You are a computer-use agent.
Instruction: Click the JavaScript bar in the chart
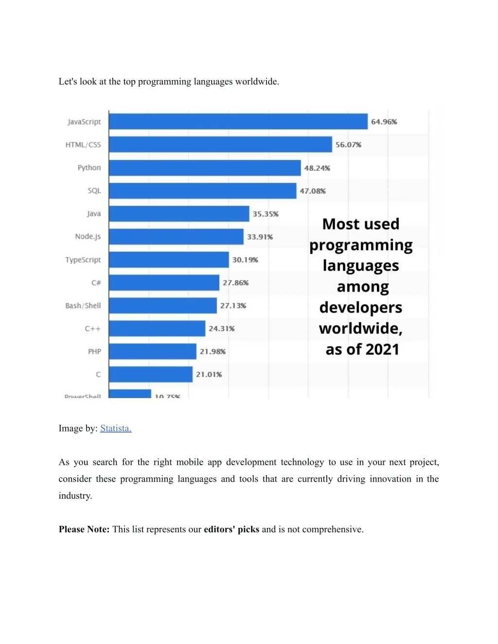pyautogui.click(x=238, y=122)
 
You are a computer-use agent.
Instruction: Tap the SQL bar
pyautogui.click(x=202, y=191)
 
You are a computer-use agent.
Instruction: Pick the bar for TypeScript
pyautogui.click(x=168, y=260)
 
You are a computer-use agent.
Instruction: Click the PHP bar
pyautogui.click(x=152, y=351)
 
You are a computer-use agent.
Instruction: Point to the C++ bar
pyautogui.click(x=157, y=329)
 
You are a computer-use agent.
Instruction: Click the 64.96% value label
pyautogui.click(x=384, y=122)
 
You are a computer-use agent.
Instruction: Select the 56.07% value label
pyautogui.click(x=348, y=145)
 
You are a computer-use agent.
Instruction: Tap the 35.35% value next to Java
pyautogui.click(x=266, y=214)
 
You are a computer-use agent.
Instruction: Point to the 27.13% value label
pyautogui.click(x=233, y=306)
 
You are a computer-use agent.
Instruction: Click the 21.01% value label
pyautogui.click(x=209, y=374)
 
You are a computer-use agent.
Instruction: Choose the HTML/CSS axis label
pyautogui.click(x=83, y=145)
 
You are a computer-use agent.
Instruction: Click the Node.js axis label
pyautogui.click(x=88, y=237)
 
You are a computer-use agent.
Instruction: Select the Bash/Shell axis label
pyautogui.click(x=83, y=306)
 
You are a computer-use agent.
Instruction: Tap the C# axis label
pyautogui.click(x=96, y=283)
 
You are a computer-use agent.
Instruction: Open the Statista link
pyautogui.click(x=116, y=428)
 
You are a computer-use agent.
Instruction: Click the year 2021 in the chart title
pyautogui.click(x=382, y=349)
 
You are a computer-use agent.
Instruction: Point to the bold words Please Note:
pyautogui.click(x=84, y=529)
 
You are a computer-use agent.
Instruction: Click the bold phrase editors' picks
pyautogui.click(x=231, y=529)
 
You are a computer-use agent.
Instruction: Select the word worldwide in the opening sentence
pyautogui.click(x=257, y=82)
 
